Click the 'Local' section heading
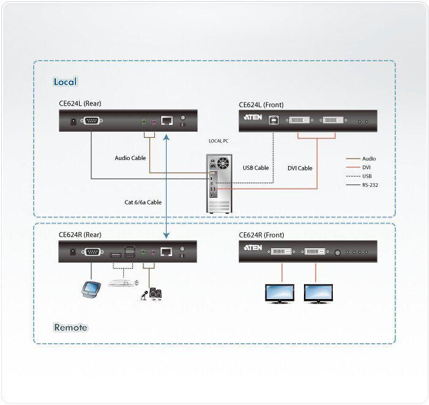(65, 81)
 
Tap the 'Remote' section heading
(70, 327)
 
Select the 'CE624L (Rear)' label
(80, 104)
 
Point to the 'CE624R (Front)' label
(261, 235)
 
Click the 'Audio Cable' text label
(130, 158)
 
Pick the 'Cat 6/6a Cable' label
(143, 202)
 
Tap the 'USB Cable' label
(256, 168)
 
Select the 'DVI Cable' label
(300, 168)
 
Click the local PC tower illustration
(219, 183)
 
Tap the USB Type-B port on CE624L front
(273, 120)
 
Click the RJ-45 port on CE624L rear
(167, 120)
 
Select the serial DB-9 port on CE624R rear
(92, 252)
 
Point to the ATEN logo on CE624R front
(252, 248)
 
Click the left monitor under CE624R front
(279, 293)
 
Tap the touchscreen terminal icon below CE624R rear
(91, 289)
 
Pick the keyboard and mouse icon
(123, 282)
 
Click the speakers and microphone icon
(151, 295)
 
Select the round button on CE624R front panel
(338, 253)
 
